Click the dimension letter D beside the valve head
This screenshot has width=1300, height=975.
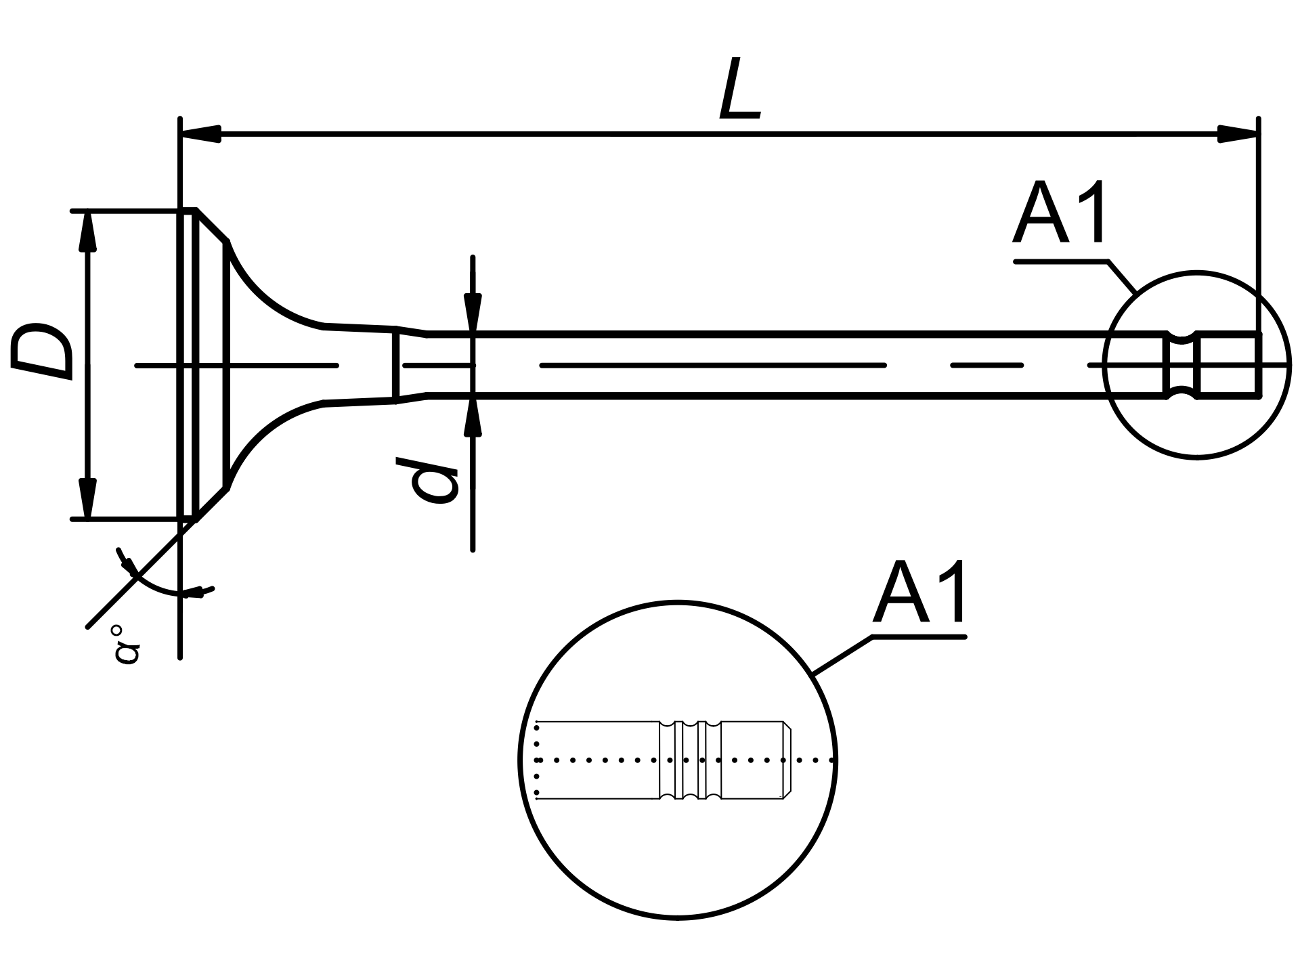(x=42, y=351)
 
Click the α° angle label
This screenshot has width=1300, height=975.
(x=127, y=644)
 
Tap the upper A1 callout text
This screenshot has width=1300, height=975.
(x=1060, y=213)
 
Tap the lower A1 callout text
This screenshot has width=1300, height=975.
(x=919, y=592)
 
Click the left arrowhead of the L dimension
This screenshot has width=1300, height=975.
(x=200, y=133)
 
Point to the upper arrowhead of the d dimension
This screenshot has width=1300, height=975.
(x=473, y=313)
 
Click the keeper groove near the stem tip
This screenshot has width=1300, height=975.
(x=1182, y=365)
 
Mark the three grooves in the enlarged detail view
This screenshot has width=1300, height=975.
(x=690, y=760)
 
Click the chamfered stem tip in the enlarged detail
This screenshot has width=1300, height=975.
(x=787, y=760)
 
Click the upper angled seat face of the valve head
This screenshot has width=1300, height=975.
(x=212, y=225)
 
